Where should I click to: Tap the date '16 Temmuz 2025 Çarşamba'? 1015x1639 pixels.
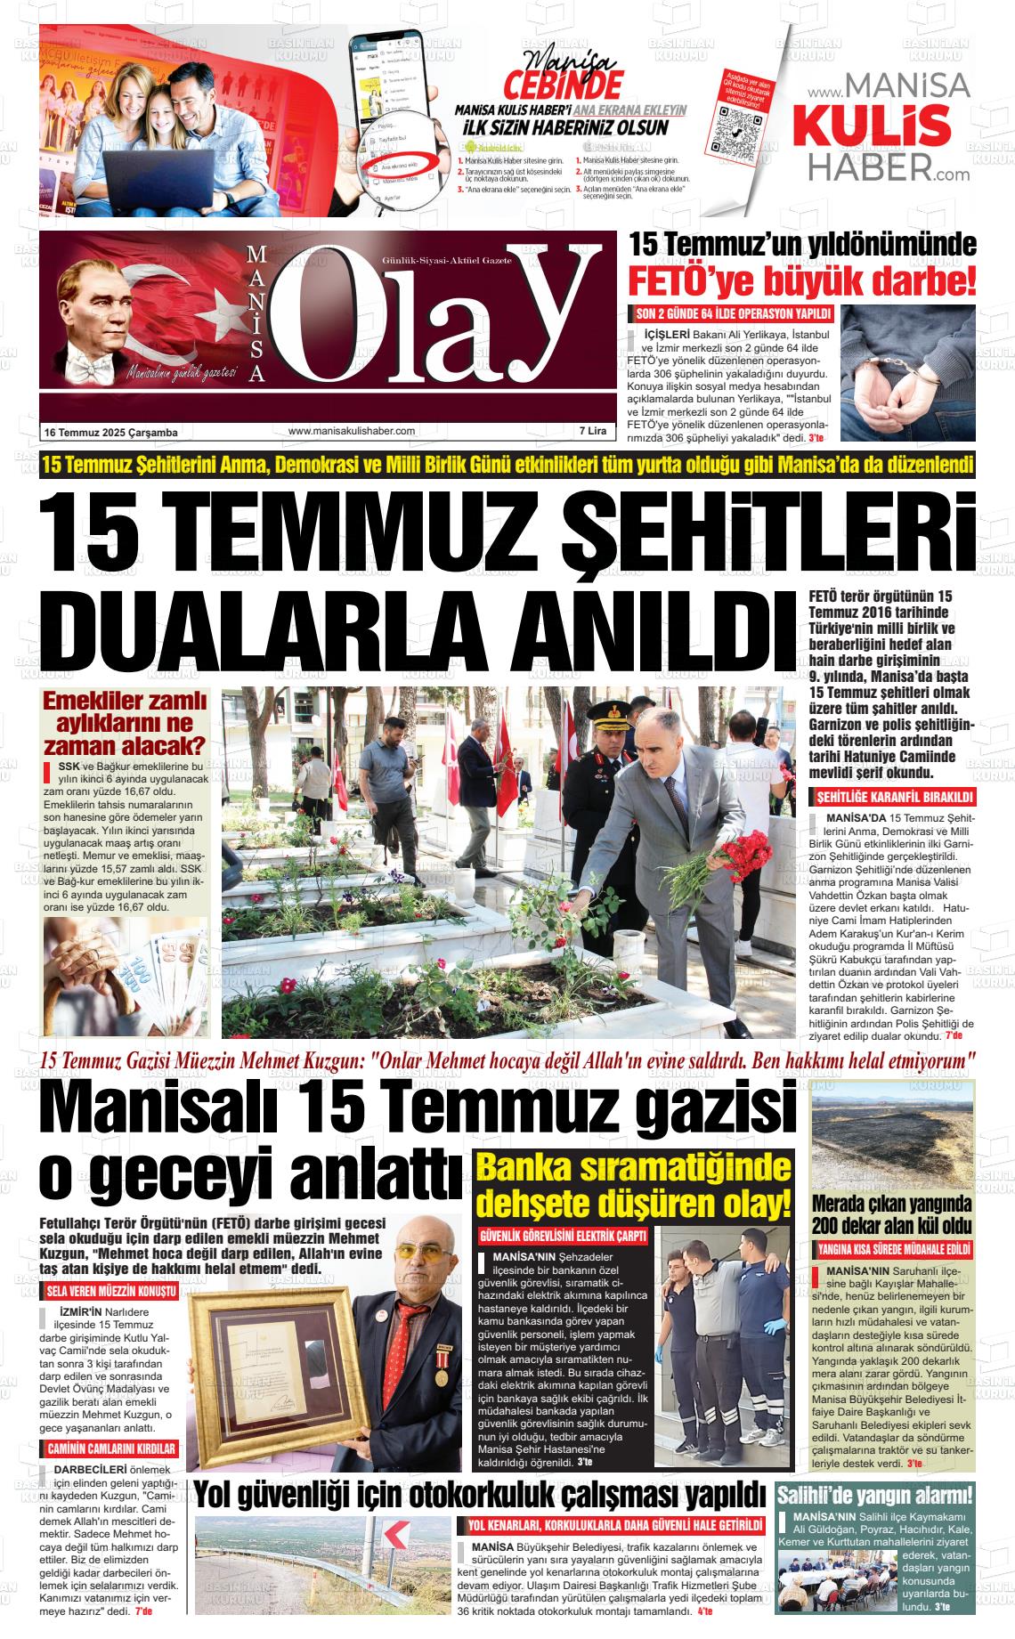point(111,433)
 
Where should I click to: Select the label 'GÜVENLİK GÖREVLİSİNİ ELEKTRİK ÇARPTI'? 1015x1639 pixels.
point(563,1237)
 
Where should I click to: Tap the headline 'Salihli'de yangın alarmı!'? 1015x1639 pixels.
point(875,1495)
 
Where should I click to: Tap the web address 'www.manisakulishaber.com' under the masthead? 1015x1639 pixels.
point(352,432)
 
